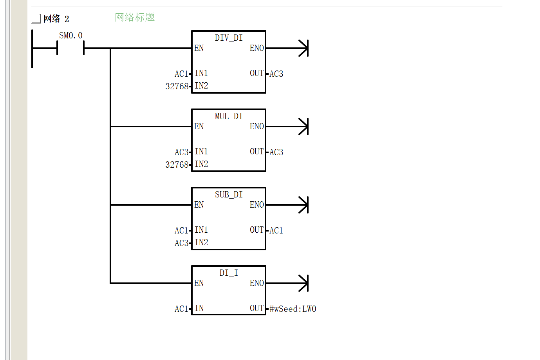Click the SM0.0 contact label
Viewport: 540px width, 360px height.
click(x=70, y=36)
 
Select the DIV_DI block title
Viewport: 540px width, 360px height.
click(x=229, y=38)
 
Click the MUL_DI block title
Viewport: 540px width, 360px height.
click(x=229, y=116)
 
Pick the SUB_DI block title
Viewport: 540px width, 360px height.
click(x=229, y=195)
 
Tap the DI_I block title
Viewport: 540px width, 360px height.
click(x=229, y=273)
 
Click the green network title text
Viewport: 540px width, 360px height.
click(x=135, y=17)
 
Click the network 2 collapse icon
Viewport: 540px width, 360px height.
click(x=36, y=18)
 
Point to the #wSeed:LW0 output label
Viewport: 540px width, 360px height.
click(x=293, y=309)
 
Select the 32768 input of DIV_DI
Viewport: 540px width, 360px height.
click(x=177, y=86)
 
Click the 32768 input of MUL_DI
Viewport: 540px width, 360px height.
click(x=177, y=165)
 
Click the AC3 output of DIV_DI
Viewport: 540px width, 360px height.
click(x=276, y=74)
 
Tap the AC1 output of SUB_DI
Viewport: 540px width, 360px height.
click(x=276, y=230)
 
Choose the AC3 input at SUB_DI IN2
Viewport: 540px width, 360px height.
click(x=181, y=243)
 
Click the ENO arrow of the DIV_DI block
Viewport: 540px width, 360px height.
click(x=287, y=48)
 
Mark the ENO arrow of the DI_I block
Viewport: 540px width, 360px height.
click(x=287, y=283)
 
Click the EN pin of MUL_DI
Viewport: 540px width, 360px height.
click(x=199, y=127)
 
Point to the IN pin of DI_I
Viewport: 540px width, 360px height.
click(x=199, y=308)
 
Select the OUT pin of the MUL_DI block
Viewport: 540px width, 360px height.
click(x=257, y=152)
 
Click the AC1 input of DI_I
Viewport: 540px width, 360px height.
click(x=181, y=309)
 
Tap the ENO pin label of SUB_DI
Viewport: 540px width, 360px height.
click(x=257, y=205)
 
